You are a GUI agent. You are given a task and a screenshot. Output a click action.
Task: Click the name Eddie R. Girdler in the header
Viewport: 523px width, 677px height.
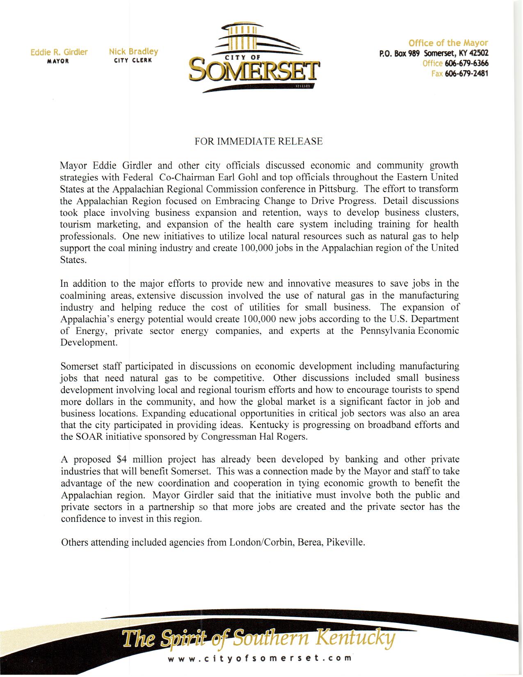tap(59, 52)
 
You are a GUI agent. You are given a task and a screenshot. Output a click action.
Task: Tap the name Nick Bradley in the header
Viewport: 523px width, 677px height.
tap(133, 52)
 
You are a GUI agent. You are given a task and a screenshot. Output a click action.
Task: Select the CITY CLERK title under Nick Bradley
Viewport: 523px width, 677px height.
tap(133, 60)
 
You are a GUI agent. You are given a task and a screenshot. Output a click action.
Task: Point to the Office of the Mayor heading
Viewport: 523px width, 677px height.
tap(448, 43)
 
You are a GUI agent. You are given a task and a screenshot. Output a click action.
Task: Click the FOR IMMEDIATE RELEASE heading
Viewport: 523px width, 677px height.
tap(258, 142)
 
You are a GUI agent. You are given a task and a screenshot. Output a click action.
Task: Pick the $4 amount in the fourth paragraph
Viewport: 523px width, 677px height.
tap(123, 460)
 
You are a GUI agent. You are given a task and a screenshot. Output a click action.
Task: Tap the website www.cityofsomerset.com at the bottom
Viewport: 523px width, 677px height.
tap(259, 658)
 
